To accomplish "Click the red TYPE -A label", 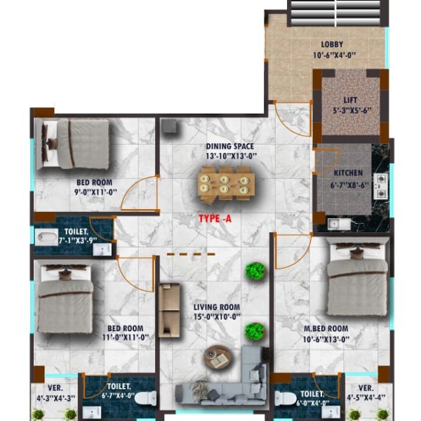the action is [215, 218].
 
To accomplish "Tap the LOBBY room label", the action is [332, 44].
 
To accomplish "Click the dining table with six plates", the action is [227, 184].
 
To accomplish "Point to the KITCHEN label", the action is [348, 173].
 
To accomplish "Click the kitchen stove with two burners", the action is [381, 186].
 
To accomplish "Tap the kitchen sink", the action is [339, 225].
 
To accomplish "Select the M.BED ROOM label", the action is [326, 328].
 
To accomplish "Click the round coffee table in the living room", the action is [218, 357].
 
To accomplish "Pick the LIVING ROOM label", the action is [217, 307].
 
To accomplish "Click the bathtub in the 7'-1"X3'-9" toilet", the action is [46, 237].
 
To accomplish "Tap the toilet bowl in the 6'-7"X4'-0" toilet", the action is [145, 398].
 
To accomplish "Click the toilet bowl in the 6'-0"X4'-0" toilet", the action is [286, 398].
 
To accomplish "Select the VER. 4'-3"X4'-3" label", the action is [56, 393].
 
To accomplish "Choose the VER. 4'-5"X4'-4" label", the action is [366, 392].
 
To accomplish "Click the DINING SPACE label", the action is [230, 147].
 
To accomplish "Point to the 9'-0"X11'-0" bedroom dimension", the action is [96, 192].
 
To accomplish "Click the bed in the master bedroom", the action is [357, 279].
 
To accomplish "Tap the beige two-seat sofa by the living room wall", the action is [169, 310].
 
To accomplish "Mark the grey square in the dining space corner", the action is [169, 126].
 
